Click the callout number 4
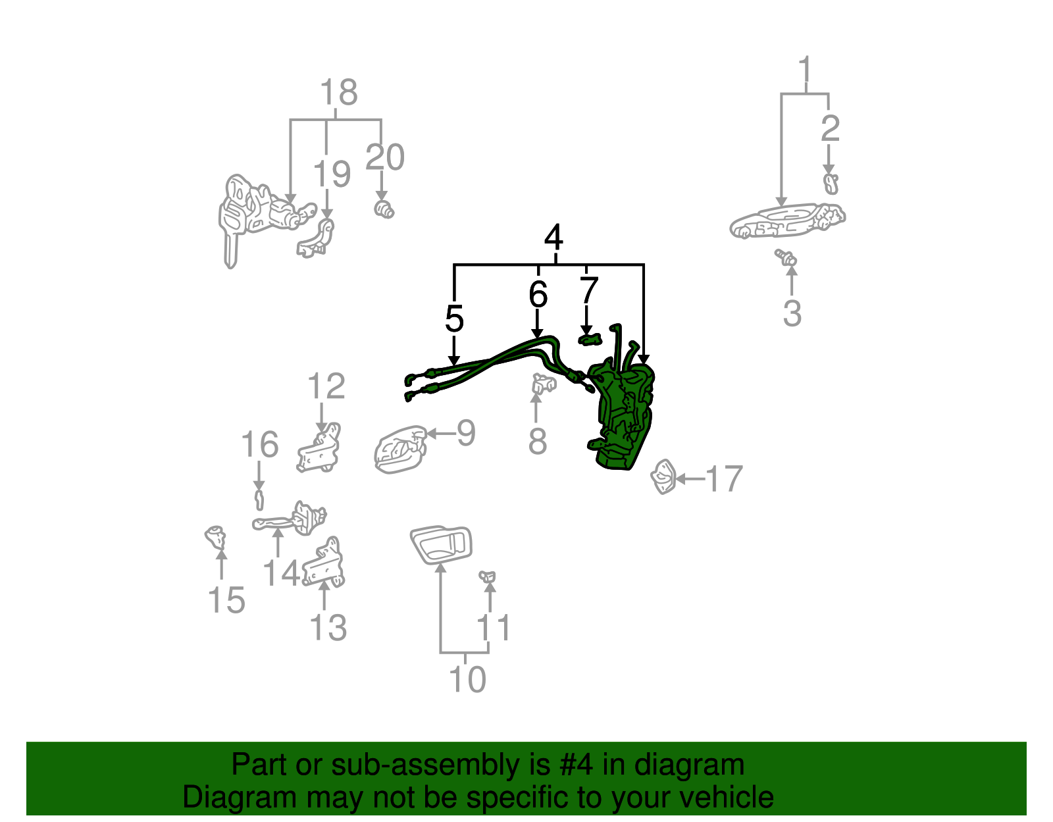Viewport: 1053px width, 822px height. click(x=553, y=238)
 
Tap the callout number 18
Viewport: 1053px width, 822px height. click(x=338, y=92)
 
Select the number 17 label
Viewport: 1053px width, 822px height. click(x=724, y=479)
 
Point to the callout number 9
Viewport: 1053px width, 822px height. click(x=466, y=433)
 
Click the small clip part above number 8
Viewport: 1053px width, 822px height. click(x=542, y=382)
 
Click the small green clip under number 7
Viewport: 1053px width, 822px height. click(x=590, y=340)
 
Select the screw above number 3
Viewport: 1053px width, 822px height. click(x=786, y=257)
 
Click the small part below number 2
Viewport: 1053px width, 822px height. click(x=831, y=184)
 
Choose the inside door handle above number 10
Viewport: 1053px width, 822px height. click(x=441, y=545)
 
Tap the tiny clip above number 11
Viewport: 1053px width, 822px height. click(x=488, y=577)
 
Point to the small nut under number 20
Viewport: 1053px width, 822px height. click(x=384, y=210)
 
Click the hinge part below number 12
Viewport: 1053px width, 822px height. click(x=319, y=450)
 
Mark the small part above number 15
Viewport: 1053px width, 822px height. click(x=215, y=537)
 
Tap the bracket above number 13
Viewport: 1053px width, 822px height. click(x=325, y=564)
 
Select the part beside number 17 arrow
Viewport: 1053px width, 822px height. click(x=663, y=476)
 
